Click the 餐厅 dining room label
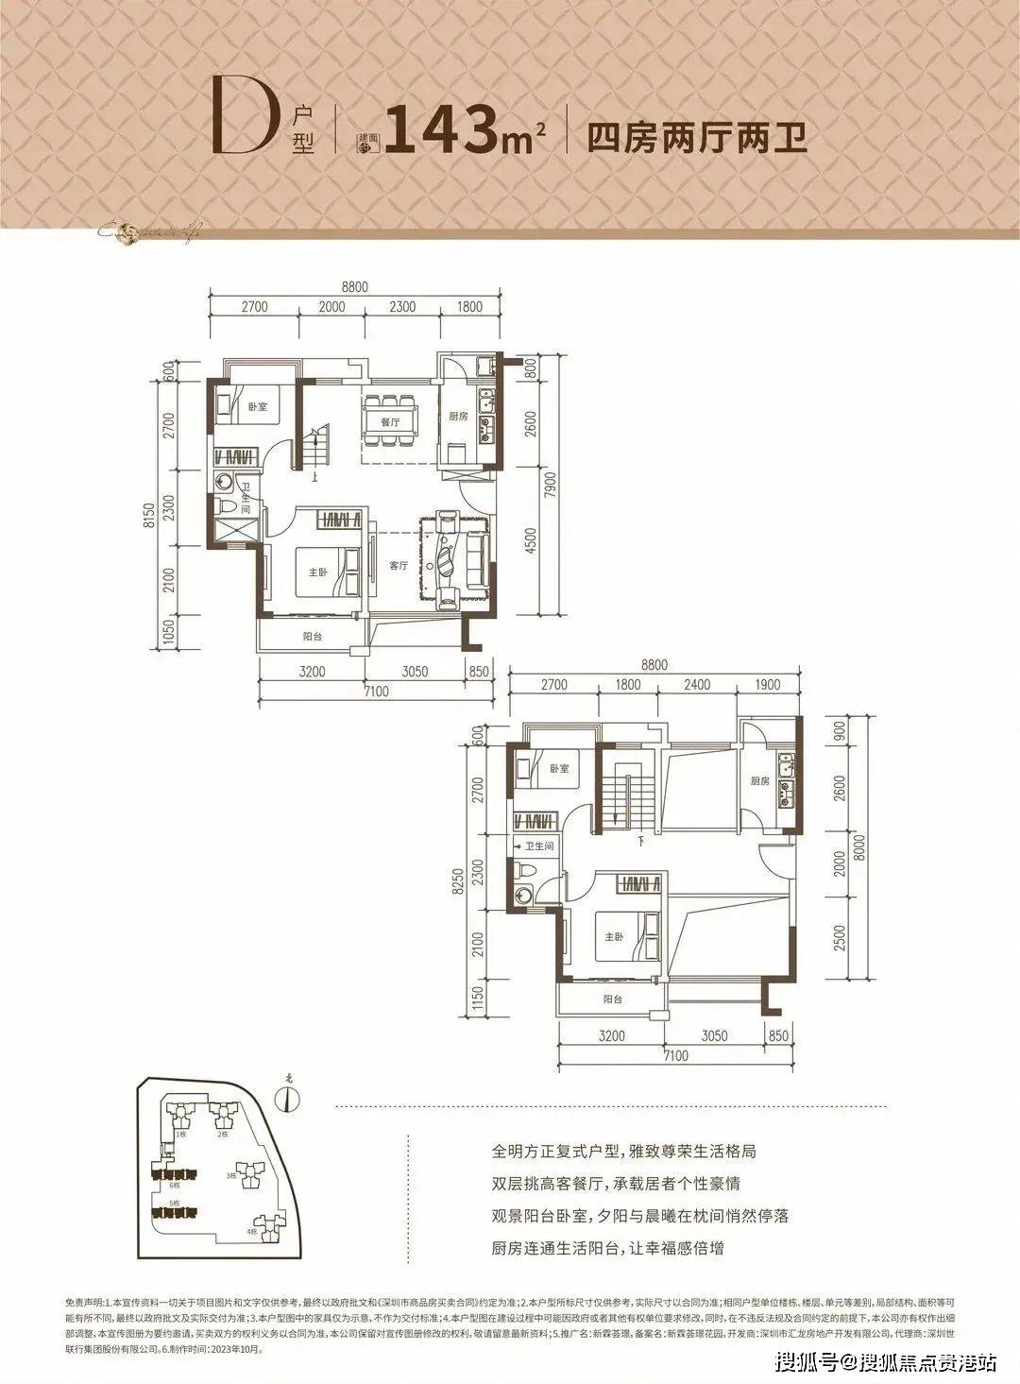(x=391, y=422)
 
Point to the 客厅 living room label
(x=398, y=566)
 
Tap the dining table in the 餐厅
(x=391, y=411)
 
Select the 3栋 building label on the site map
(x=230, y=1174)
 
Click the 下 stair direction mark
(x=640, y=839)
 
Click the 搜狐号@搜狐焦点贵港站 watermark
(x=882, y=1362)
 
